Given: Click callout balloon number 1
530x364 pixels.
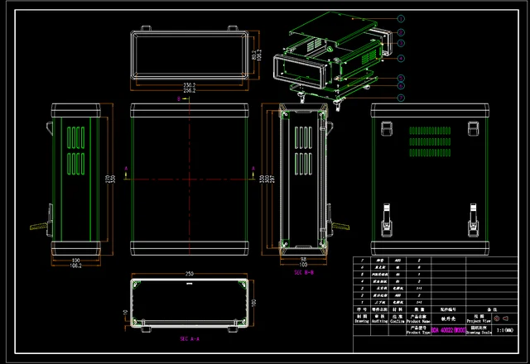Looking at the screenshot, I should click(x=401, y=17).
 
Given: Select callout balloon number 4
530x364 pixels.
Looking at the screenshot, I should click(x=401, y=58).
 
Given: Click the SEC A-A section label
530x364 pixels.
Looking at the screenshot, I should click(x=190, y=339).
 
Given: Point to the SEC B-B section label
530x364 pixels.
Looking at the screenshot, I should click(x=304, y=271).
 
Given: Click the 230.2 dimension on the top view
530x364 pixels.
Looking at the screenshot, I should click(x=189, y=84).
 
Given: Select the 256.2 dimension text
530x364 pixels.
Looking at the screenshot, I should click(x=189, y=90).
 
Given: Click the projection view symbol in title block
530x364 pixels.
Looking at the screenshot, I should click(x=499, y=318).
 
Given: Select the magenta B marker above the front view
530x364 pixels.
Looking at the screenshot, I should click(x=180, y=98).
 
